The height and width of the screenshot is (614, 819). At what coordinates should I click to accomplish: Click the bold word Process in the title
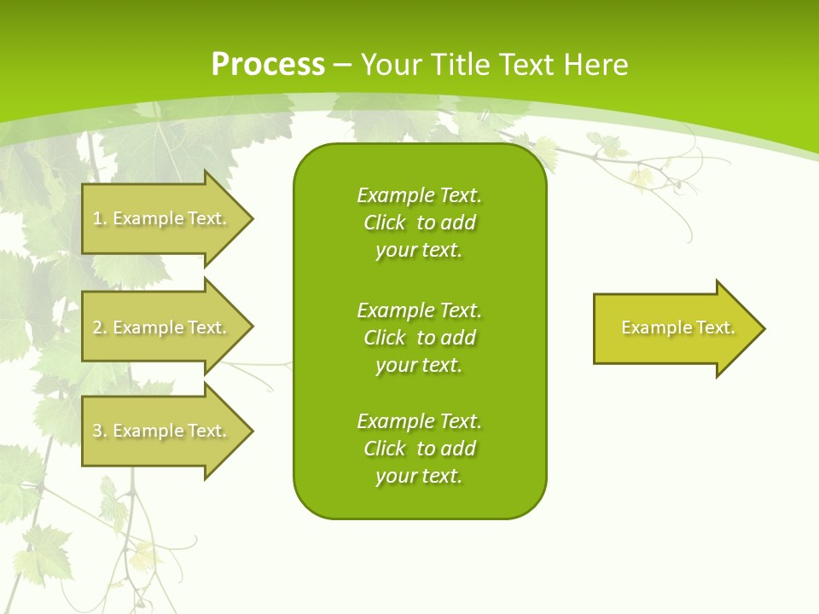[x=268, y=65]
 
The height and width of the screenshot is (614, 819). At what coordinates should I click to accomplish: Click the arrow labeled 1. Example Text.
[x=160, y=218]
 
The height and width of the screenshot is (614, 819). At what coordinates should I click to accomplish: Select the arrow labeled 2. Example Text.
[x=160, y=327]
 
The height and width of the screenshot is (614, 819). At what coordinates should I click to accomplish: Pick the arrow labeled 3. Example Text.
[x=160, y=431]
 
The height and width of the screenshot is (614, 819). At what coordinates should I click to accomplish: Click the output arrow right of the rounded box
[x=674, y=328]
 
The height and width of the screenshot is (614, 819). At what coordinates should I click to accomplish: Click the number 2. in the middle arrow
[x=99, y=327]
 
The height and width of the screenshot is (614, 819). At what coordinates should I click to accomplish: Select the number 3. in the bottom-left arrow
[x=99, y=431]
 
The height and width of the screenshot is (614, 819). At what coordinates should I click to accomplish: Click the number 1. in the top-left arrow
[x=99, y=218]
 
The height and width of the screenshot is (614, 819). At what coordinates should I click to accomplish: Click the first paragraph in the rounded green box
[x=419, y=223]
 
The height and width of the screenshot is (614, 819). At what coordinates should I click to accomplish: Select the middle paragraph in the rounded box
[x=419, y=338]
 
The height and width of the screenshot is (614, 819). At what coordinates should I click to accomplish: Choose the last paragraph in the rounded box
[x=419, y=449]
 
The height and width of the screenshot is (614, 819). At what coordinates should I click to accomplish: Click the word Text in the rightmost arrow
[x=715, y=327]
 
